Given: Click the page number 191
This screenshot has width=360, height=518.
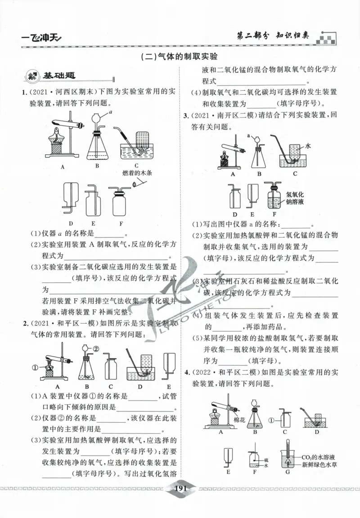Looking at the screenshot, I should click(x=180, y=489).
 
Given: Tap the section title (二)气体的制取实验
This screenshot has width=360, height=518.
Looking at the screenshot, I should click(x=180, y=57).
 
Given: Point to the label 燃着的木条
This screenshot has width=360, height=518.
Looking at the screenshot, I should click(x=136, y=172).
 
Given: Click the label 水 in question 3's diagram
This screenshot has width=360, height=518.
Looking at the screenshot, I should click(x=308, y=146).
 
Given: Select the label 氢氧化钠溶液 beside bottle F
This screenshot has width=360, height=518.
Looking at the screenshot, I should click(x=295, y=198).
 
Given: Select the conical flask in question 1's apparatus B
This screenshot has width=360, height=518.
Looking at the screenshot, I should click(x=98, y=146).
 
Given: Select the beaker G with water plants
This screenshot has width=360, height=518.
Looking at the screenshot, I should click(x=285, y=458).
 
